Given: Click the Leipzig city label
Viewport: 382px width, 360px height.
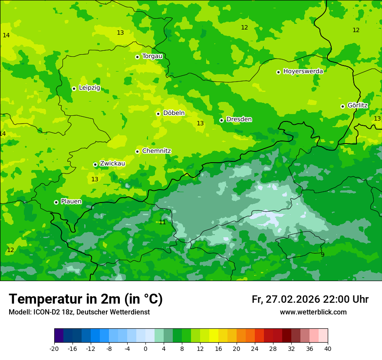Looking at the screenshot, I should tap(89, 88).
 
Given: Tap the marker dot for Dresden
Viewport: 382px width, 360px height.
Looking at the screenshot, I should tap(221, 120).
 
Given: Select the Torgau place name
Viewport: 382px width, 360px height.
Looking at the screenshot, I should tap(152, 56).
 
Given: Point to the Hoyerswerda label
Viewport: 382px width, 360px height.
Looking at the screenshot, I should tap(303, 72).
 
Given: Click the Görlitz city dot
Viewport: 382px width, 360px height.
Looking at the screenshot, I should tap(342, 106).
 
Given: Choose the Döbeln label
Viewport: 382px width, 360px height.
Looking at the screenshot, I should tap(174, 113).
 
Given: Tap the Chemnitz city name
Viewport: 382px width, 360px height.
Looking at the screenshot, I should tap(156, 151).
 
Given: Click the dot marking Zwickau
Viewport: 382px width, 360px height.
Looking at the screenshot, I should tap(95, 164).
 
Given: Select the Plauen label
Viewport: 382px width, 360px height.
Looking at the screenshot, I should tap(71, 202).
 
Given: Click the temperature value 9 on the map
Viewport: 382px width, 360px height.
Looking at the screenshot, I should tap(322, 255).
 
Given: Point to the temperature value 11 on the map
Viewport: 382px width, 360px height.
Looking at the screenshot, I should tap(162, 223).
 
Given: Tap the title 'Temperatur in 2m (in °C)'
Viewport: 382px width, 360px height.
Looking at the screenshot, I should tap(86, 299).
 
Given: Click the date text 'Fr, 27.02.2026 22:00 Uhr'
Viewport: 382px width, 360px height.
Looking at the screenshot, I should tap(310, 299).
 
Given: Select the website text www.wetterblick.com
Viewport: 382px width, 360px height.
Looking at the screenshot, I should tap(313, 312).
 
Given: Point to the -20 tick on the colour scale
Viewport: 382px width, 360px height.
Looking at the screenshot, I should tap(54, 349).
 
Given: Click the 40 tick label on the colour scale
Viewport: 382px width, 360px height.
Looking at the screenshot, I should tap(327, 349).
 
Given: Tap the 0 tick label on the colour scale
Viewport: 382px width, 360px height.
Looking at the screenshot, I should tap(145, 349).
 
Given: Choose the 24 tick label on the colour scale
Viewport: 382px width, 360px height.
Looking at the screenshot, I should tap(254, 349).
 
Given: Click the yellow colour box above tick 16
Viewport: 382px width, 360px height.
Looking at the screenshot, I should tap(214, 336).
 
